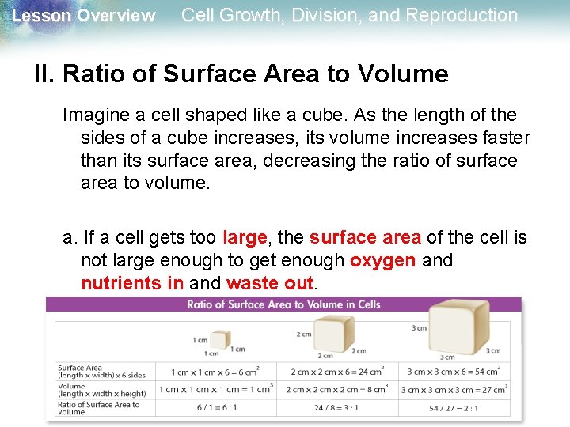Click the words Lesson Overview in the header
point(84,16)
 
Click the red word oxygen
point(382,260)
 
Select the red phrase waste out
point(271,283)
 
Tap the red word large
point(245,237)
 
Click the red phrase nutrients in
point(132,283)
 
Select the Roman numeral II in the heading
point(44,74)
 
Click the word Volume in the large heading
point(402,74)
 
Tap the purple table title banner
point(283,304)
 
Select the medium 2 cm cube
point(333,333)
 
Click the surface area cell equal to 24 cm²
point(337,372)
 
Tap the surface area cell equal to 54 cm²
point(454,372)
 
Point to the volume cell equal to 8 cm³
point(337,389)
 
